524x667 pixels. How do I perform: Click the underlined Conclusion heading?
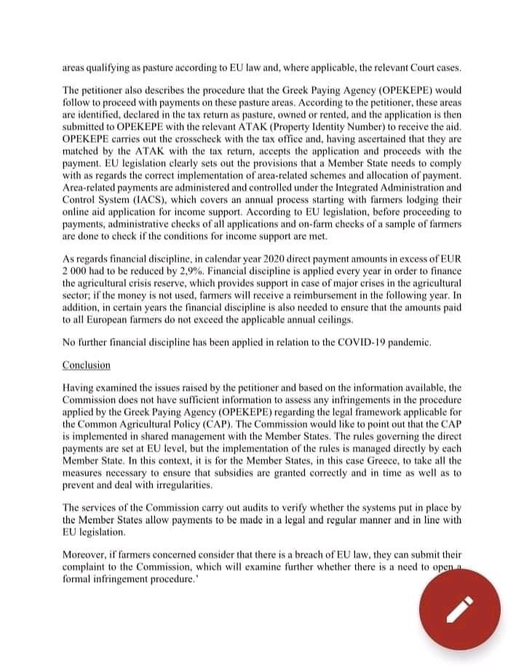(87, 365)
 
